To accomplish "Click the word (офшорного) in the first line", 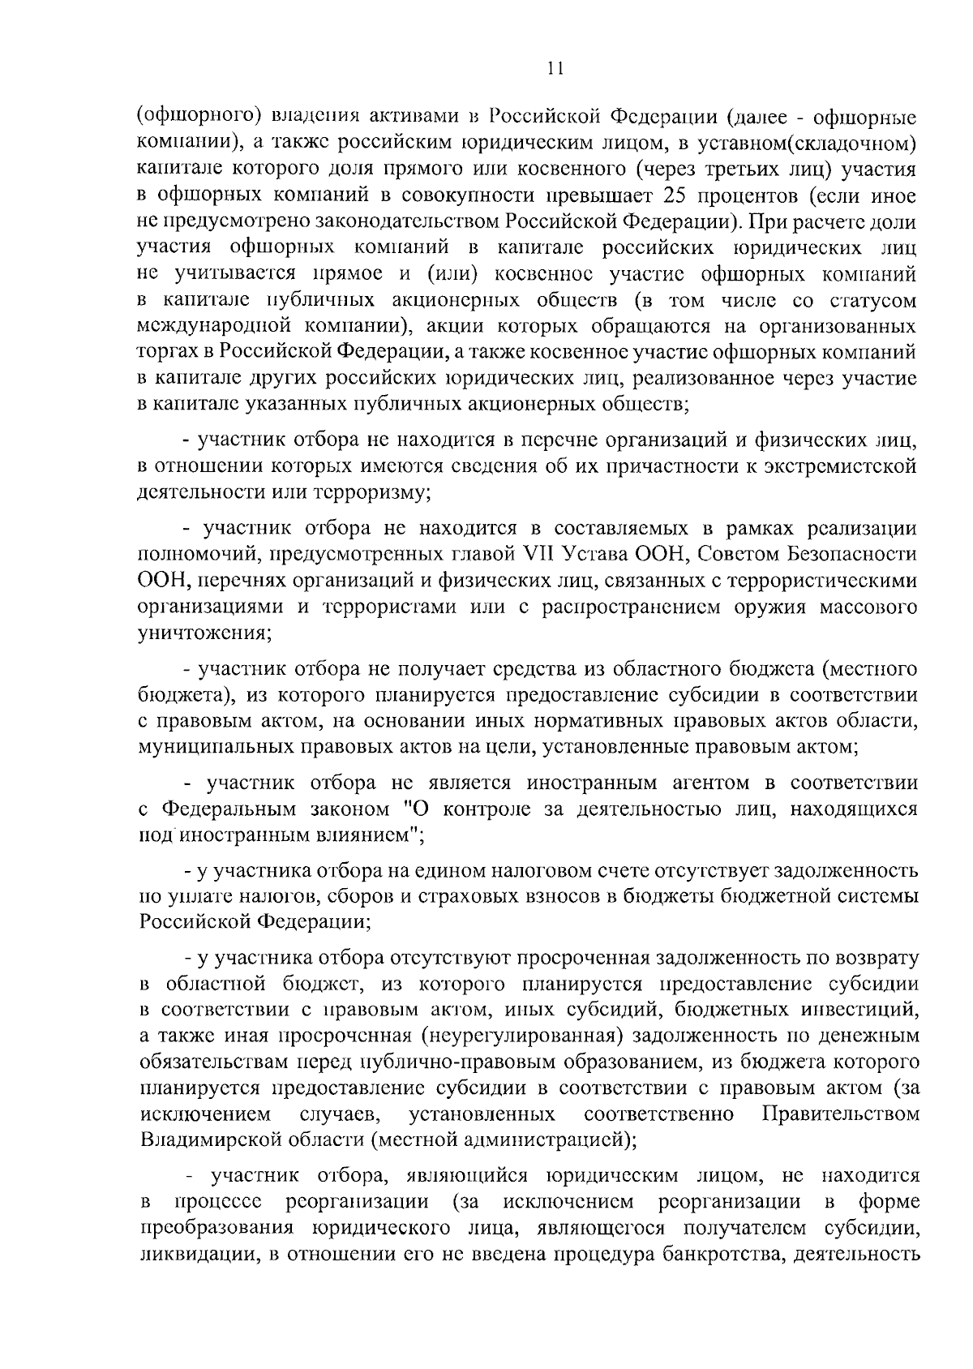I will pos(191,118).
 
